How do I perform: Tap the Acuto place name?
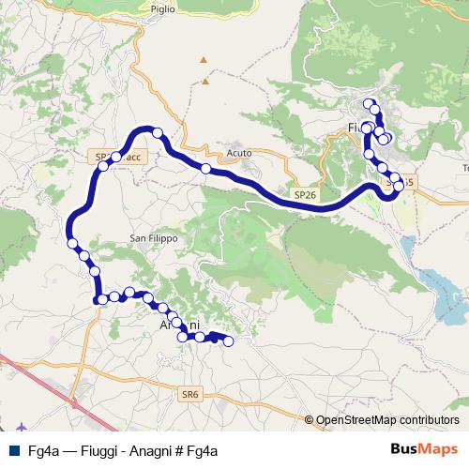pyautogui.click(x=239, y=154)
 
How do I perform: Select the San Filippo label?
pyautogui.click(x=153, y=238)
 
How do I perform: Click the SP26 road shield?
pyautogui.click(x=303, y=194)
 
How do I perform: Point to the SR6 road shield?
pyautogui.click(x=190, y=395)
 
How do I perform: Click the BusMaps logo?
pyautogui.click(x=425, y=448)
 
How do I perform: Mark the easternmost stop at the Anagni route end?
pyautogui.click(x=225, y=340)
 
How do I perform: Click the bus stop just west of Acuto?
pyautogui.click(x=204, y=169)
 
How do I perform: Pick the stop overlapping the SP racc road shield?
pyautogui.click(x=115, y=158)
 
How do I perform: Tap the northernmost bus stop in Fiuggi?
pyautogui.click(x=368, y=103)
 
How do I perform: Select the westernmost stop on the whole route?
pyautogui.click(x=72, y=244)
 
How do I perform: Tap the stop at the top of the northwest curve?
pyautogui.click(x=158, y=133)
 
